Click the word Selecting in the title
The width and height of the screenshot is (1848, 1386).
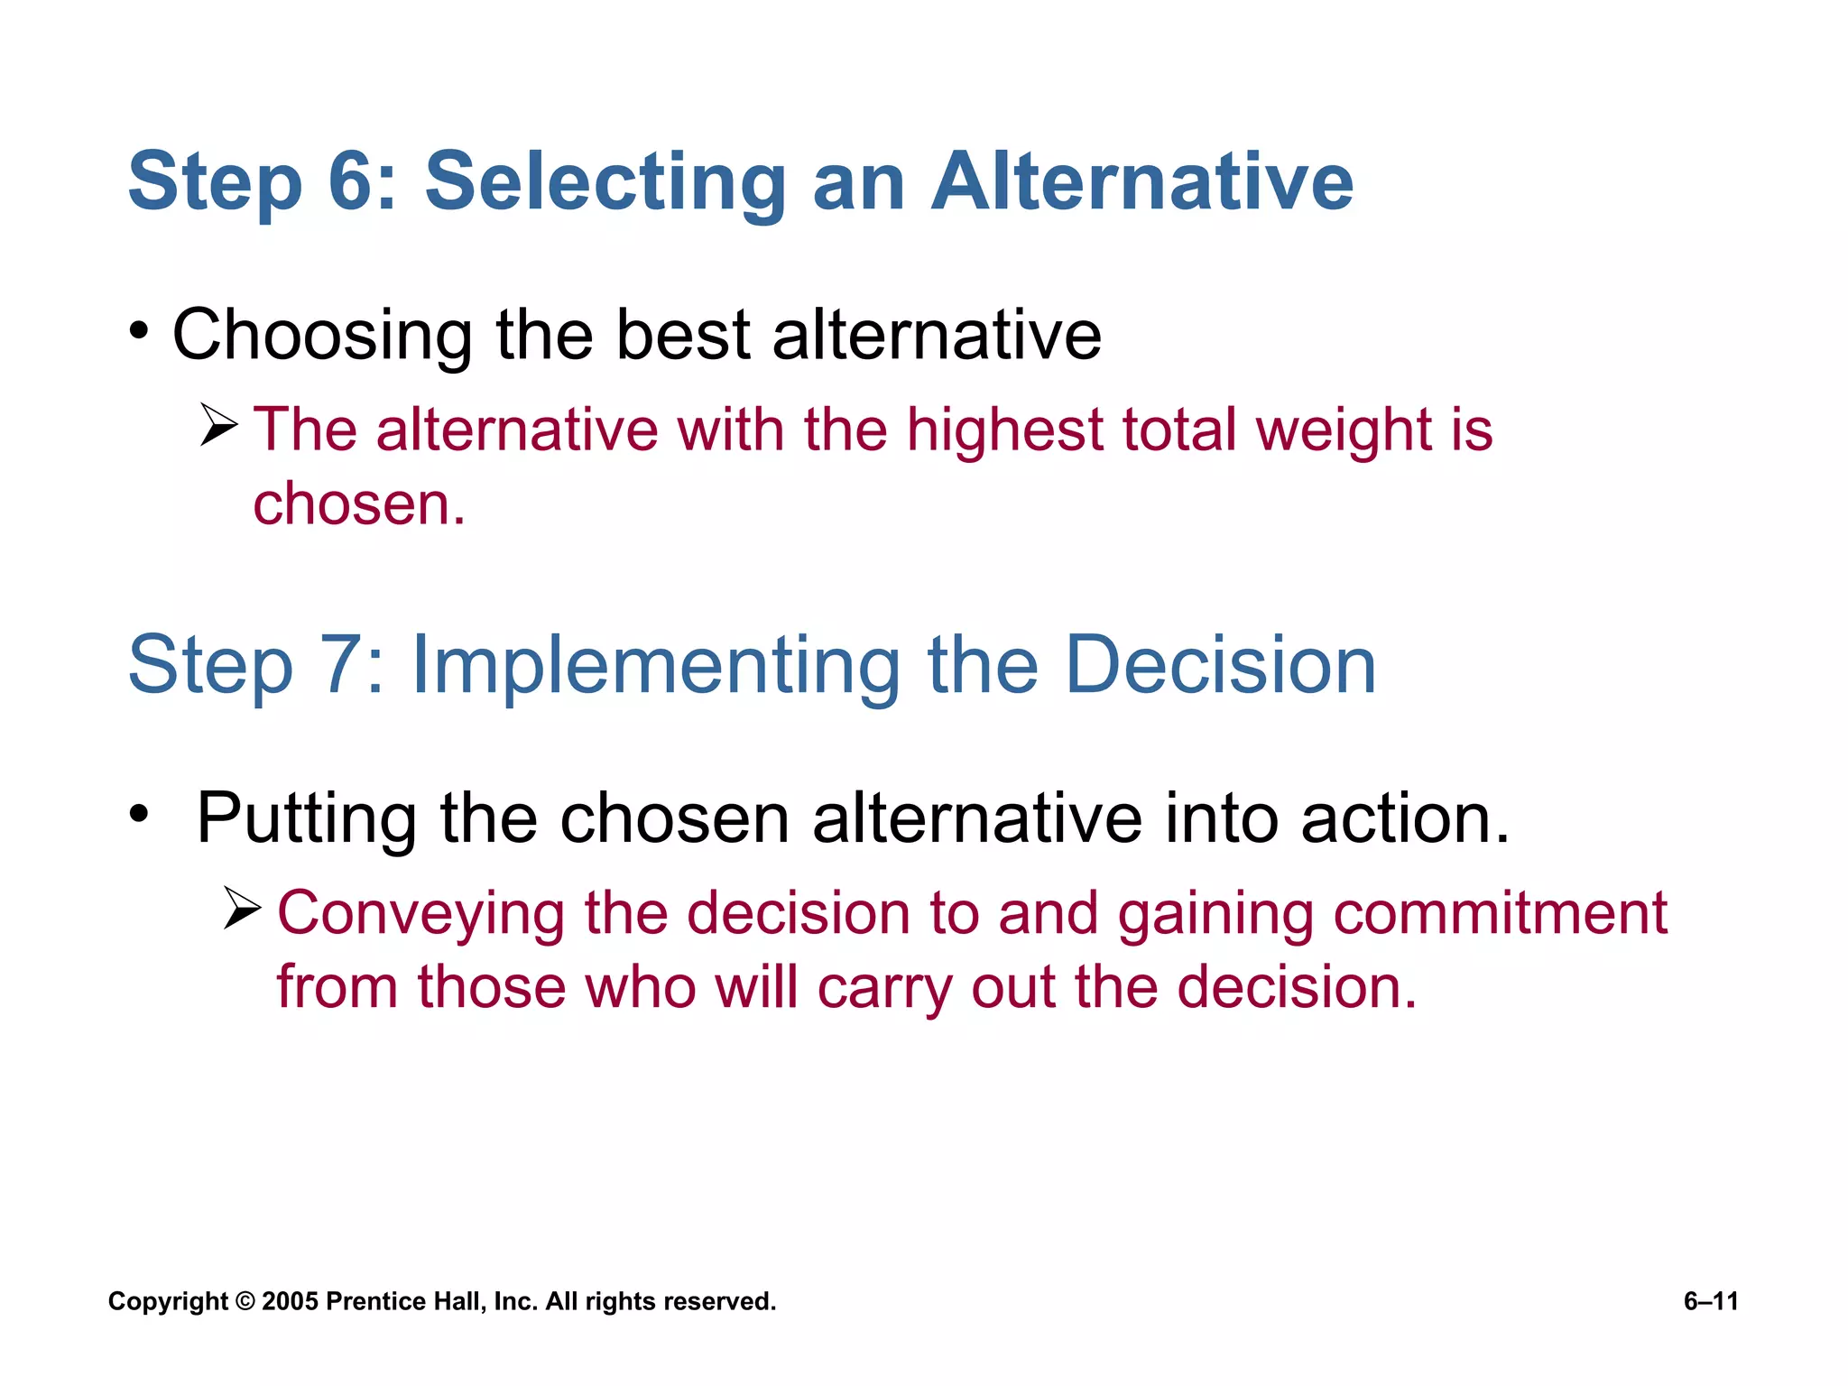click(605, 183)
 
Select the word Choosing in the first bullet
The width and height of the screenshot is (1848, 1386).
click(321, 336)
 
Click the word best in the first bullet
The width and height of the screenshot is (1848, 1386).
click(683, 335)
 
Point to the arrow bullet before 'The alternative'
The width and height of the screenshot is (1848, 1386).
click(218, 425)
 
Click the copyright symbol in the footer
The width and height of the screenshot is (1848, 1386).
click(245, 1301)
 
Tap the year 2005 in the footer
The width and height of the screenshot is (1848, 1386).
click(290, 1301)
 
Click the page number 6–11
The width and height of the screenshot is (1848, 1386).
click(1711, 1301)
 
